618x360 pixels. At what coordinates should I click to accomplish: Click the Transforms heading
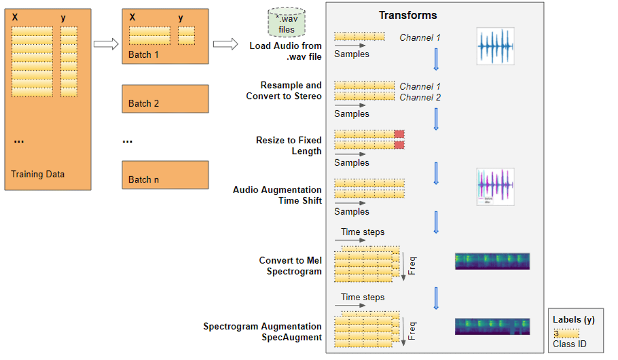click(x=408, y=15)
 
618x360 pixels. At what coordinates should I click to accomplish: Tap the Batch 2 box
click(x=165, y=99)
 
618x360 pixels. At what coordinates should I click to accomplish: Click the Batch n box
click(x=165, y=175)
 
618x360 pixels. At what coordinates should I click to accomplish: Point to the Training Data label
click(x=38, y=174)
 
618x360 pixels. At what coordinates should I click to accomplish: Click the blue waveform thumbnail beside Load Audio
click(x=495, y=46)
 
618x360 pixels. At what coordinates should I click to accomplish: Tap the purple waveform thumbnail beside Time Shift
click(x=495, y=187)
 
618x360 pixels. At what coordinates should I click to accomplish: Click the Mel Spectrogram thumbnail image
click(x=492, y=261)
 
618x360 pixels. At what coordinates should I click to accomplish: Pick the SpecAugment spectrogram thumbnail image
click(x=492, y=327)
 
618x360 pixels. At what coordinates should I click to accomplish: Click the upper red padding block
click(x=399, y=134)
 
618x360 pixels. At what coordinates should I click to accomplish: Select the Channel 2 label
click(x=420, y=97)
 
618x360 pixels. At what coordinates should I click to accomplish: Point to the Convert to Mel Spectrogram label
click(x=290, y=266)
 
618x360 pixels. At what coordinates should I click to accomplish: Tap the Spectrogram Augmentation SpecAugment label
click(x=263, y=332)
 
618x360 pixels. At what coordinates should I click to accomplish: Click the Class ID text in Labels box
click(x=570, y=344)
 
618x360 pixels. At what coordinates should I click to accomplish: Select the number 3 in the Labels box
click(x=557, y=334)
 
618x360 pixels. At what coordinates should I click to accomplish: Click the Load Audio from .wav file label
click(x=286, y=51)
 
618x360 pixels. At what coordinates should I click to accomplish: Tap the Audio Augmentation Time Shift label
click(x=278, y=195)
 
